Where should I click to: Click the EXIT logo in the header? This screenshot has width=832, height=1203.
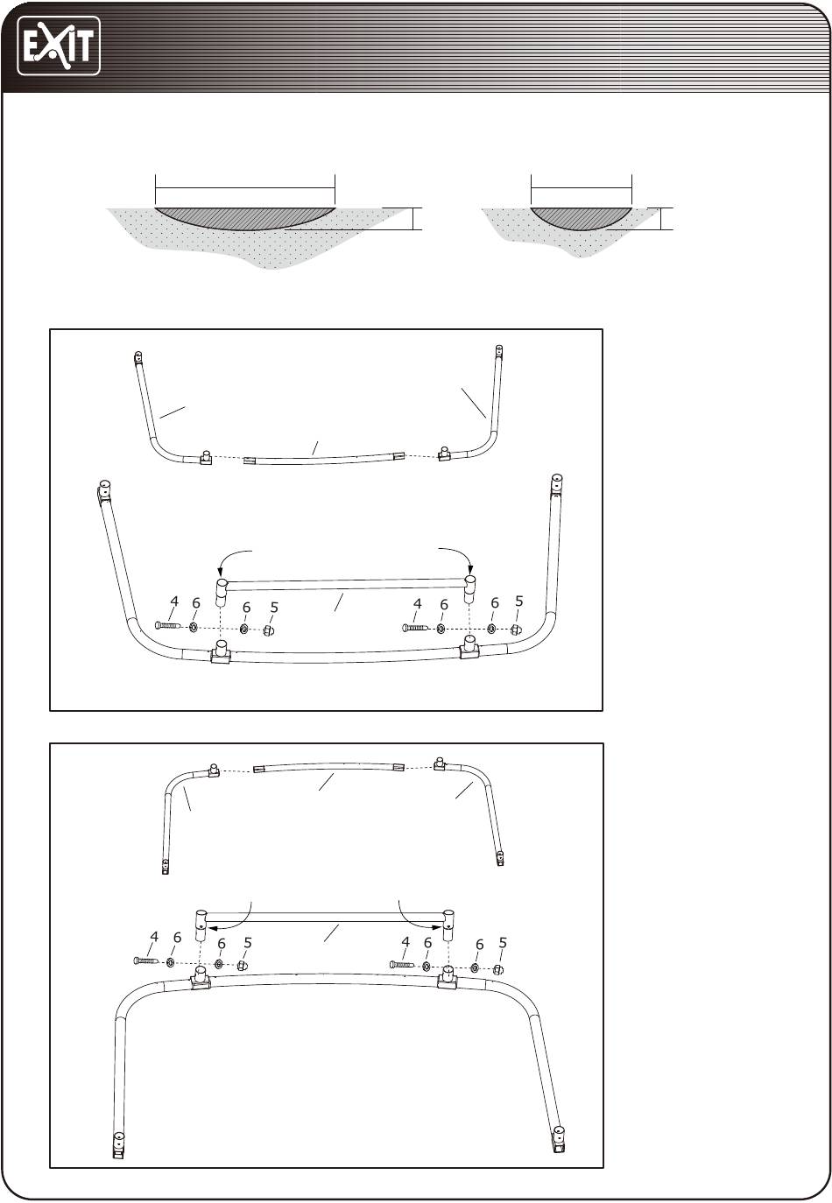pos(59,46)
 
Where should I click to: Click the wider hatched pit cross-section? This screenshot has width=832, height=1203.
pos(245,217)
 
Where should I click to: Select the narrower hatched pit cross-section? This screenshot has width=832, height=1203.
pos(582,217)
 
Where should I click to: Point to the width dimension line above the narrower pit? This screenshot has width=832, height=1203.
pos(582,188)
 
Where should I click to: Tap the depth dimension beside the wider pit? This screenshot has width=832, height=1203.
pos(413,219)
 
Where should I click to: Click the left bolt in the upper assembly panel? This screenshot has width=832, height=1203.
pos(169,625)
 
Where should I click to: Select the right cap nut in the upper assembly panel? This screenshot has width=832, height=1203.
pos(516,630)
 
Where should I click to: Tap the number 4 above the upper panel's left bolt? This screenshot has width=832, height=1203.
pos(173,601)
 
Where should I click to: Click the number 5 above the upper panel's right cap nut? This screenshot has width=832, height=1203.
pos(518,601)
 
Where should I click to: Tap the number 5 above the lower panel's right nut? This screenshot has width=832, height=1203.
pos(503,943)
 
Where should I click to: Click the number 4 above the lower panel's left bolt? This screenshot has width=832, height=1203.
pos(154,937)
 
